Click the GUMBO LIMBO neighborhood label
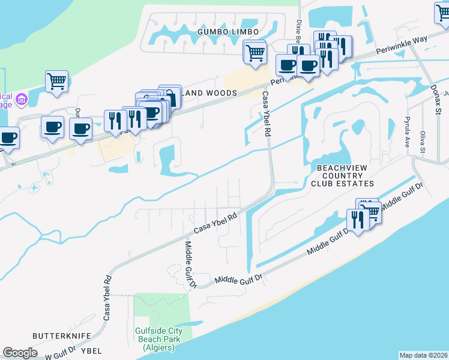pyautogui.click(x=228, y=31)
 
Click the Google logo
pyautogui.click(x=20, y=352)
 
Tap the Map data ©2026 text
pyautogui.click(x=424, y=355)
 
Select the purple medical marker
pyautogui.click(x=22, y=98)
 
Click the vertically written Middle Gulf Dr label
pyautogui.click(x=190, y=265)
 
